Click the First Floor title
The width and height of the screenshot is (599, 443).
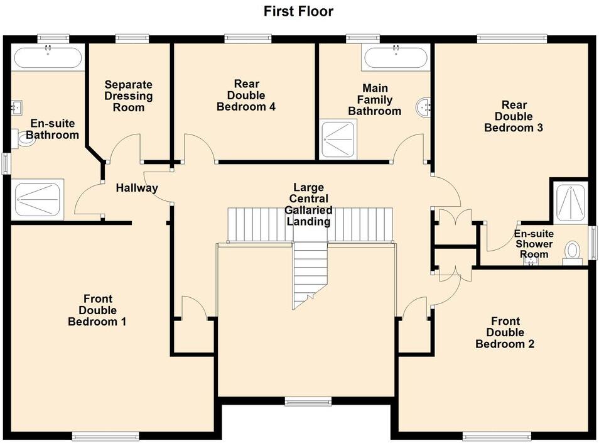(298, 11)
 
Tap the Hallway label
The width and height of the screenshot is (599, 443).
(136, 188)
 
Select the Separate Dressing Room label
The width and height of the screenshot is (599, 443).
(128, 96)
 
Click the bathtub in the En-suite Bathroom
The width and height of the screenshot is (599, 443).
(48, 58)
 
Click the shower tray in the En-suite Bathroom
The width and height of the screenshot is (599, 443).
(38, 200)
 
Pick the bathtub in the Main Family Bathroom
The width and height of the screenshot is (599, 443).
(396, 58)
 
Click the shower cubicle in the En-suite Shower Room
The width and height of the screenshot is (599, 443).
(570, 202)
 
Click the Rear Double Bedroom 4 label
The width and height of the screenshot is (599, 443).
(246, 96)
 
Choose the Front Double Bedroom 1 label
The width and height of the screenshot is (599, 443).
(97, 310)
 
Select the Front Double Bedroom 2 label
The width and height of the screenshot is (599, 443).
(505, 332)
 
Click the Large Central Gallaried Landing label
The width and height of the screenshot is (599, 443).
(308, 204)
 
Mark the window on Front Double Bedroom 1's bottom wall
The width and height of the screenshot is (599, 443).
(105, 435)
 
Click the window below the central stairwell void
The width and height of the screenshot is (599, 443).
(308, 401)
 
